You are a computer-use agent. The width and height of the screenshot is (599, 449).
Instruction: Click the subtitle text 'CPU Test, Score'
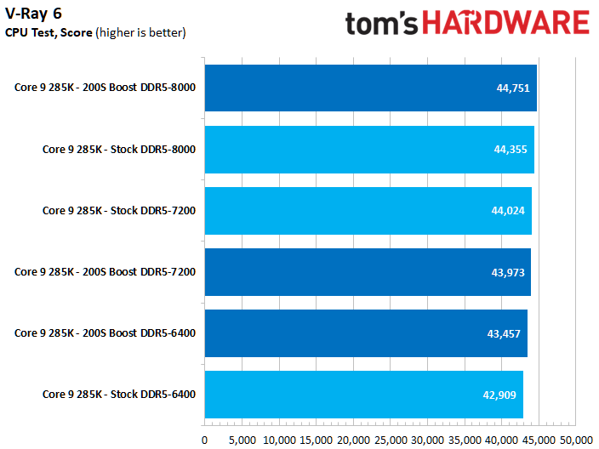(49, 32)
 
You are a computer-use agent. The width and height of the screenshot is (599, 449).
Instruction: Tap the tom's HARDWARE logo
(467, 23)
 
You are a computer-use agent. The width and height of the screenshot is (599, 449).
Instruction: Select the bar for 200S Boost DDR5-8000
(370, 88)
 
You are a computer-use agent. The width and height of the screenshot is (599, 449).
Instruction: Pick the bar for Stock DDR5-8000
(369, 149)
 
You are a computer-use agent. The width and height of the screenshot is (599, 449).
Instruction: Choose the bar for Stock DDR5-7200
(368, 210)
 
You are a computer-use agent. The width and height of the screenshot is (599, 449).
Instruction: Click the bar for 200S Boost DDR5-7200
(368, 271)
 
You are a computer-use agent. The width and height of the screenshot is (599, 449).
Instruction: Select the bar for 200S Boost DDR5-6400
(366, 332)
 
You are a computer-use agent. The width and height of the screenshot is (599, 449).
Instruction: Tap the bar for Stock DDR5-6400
(363, 394)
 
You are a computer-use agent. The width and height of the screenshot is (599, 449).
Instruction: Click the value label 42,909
(500, 394)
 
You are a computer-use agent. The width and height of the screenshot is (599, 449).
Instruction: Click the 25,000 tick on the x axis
(391, 440)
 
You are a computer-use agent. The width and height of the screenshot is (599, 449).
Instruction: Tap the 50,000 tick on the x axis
(577, 440)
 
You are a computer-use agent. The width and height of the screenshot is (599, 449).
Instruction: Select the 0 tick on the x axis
(204, 440)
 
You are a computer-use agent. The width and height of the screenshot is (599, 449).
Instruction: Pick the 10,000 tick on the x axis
(279, 440)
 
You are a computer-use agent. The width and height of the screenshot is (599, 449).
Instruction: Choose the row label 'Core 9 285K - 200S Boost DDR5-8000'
(106, 88)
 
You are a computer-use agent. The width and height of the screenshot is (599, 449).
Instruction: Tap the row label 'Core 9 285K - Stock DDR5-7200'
(119, 210)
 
